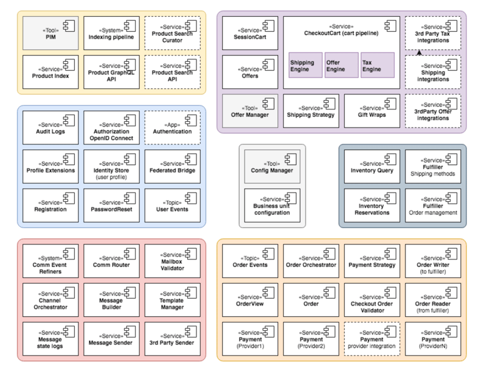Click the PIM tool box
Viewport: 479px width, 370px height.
pos(51,33)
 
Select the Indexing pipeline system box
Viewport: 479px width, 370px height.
pos(112,33)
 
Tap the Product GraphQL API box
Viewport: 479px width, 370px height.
pos(112,72)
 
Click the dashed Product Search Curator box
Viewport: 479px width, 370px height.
pos(173,33)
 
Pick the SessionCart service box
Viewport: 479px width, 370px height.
pos(250,33)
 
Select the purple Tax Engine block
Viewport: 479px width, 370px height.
pos(378,66)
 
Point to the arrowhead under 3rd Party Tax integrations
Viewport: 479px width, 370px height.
pos(419,52)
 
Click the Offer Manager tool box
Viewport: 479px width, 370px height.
pos(250,111)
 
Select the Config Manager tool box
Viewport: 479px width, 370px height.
pos(272,166)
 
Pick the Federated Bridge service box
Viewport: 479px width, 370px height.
pos(173,166)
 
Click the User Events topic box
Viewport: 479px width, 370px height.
pos(173,206)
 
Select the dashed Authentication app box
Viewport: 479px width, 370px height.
pos(173,127)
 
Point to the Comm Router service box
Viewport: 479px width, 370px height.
pos(112,261)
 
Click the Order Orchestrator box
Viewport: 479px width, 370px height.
pos(311,261)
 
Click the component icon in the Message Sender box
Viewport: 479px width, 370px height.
pos(130,331)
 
